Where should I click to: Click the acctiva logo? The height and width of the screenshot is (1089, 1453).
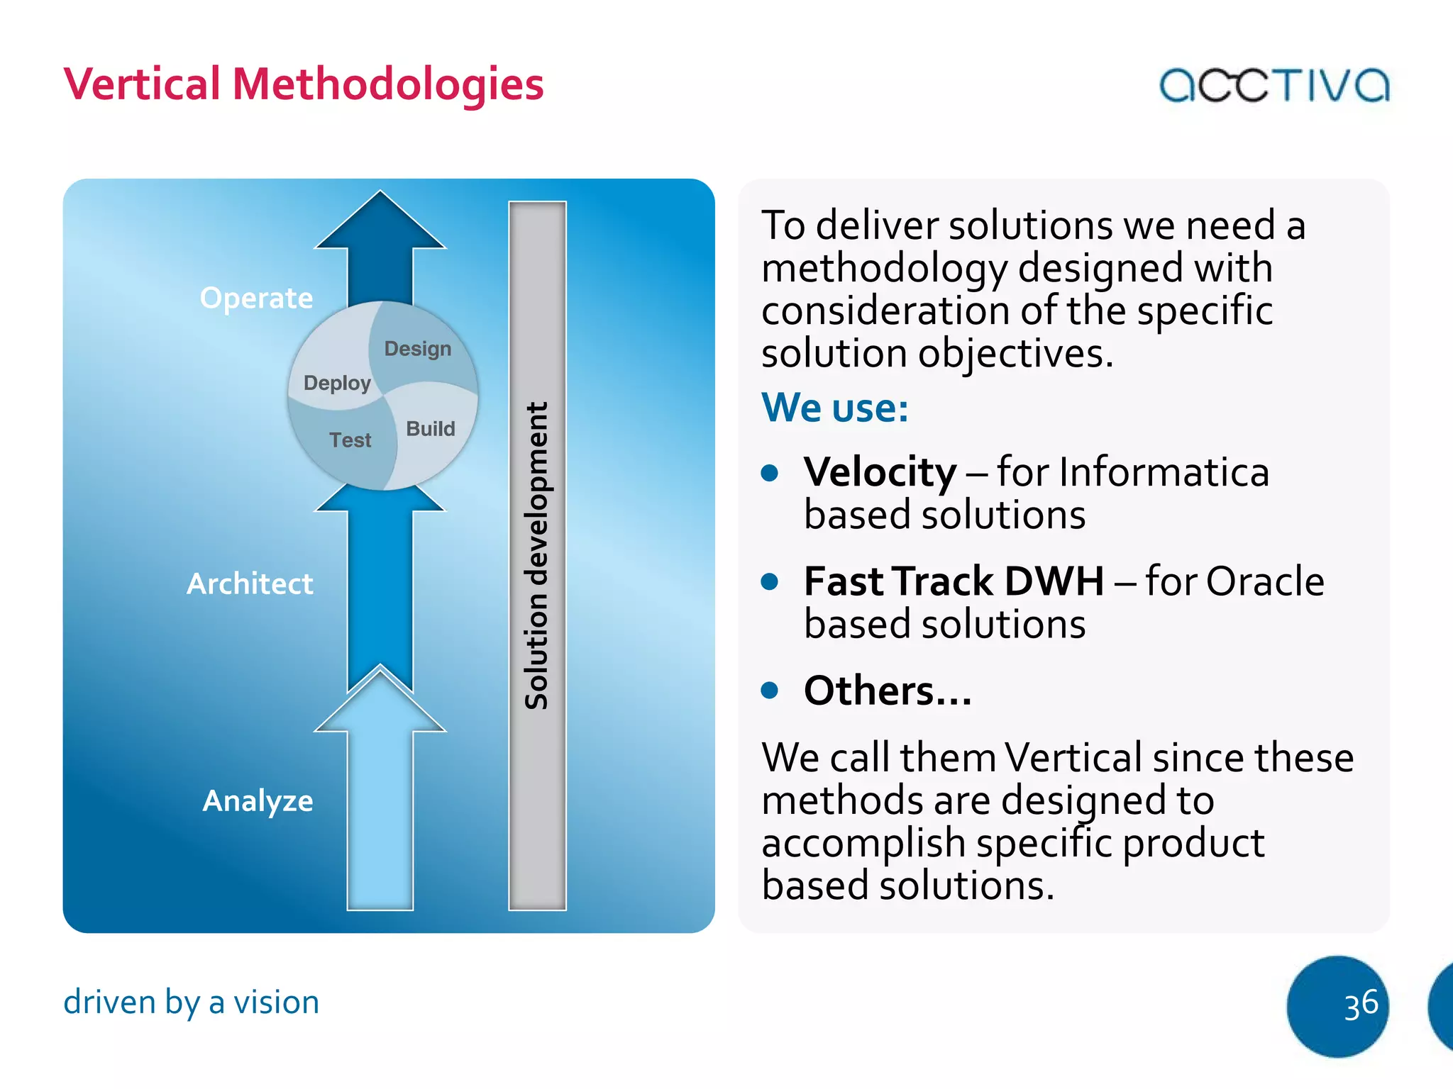point(1274,85)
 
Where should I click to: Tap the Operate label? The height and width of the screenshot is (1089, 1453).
point(256,298)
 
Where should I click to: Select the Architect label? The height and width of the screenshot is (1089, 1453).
point(250,584)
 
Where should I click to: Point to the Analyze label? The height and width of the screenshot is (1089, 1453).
point(258,801)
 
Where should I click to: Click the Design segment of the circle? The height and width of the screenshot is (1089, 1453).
point(418,349)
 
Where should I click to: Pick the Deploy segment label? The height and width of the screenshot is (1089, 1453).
point(337,383)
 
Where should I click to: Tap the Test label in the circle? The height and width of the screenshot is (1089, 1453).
point(350,440)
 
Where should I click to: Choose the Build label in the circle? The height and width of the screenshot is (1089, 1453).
point(431,429)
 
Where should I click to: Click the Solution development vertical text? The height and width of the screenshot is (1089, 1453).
point(537,557)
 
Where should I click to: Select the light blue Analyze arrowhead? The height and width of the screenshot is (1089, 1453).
point(380,702)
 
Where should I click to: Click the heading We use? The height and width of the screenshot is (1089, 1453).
point(834,408)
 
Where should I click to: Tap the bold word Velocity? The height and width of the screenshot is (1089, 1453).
point(880,472)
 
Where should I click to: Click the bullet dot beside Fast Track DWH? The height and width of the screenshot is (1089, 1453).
point(769,581)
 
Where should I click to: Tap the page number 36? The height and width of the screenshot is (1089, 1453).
point(1360,1005)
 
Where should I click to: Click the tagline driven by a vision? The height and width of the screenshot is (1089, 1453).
point(192,1003)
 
